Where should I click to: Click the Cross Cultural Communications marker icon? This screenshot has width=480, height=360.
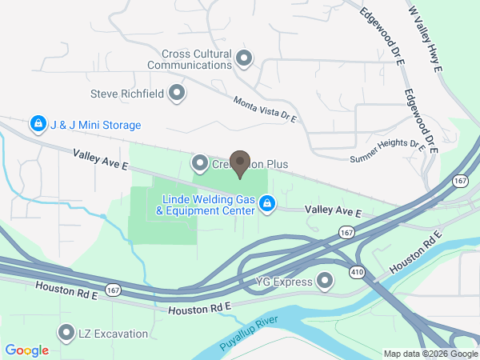(245, 58)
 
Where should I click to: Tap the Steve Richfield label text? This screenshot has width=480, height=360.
(127, 94)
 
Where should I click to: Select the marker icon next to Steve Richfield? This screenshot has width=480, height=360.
(178, 94)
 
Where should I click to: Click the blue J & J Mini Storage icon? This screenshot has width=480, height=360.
(37, 124)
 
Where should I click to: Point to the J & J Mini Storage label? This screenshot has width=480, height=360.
(95, 125)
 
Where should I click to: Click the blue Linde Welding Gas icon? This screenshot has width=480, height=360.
(268, 206)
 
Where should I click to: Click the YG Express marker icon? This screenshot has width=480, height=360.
(325, 280)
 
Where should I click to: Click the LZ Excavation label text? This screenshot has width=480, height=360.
(113, 334)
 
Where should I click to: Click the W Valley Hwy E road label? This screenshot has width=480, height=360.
(426, 39)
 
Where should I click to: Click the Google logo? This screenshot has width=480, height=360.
(27, 350)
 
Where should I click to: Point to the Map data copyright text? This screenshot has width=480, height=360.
(430, 354)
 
